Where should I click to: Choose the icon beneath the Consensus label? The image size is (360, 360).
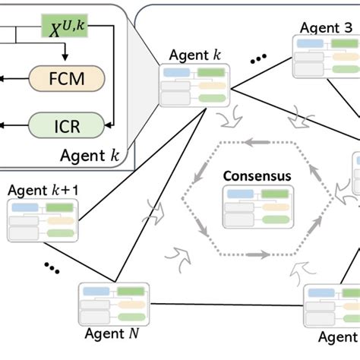tap(256, 207)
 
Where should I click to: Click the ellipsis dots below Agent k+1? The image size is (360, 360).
tap(51, 267)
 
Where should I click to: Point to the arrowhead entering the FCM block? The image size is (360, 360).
tap(66, 62)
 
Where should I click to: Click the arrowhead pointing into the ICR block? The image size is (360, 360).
tap(112, 122)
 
